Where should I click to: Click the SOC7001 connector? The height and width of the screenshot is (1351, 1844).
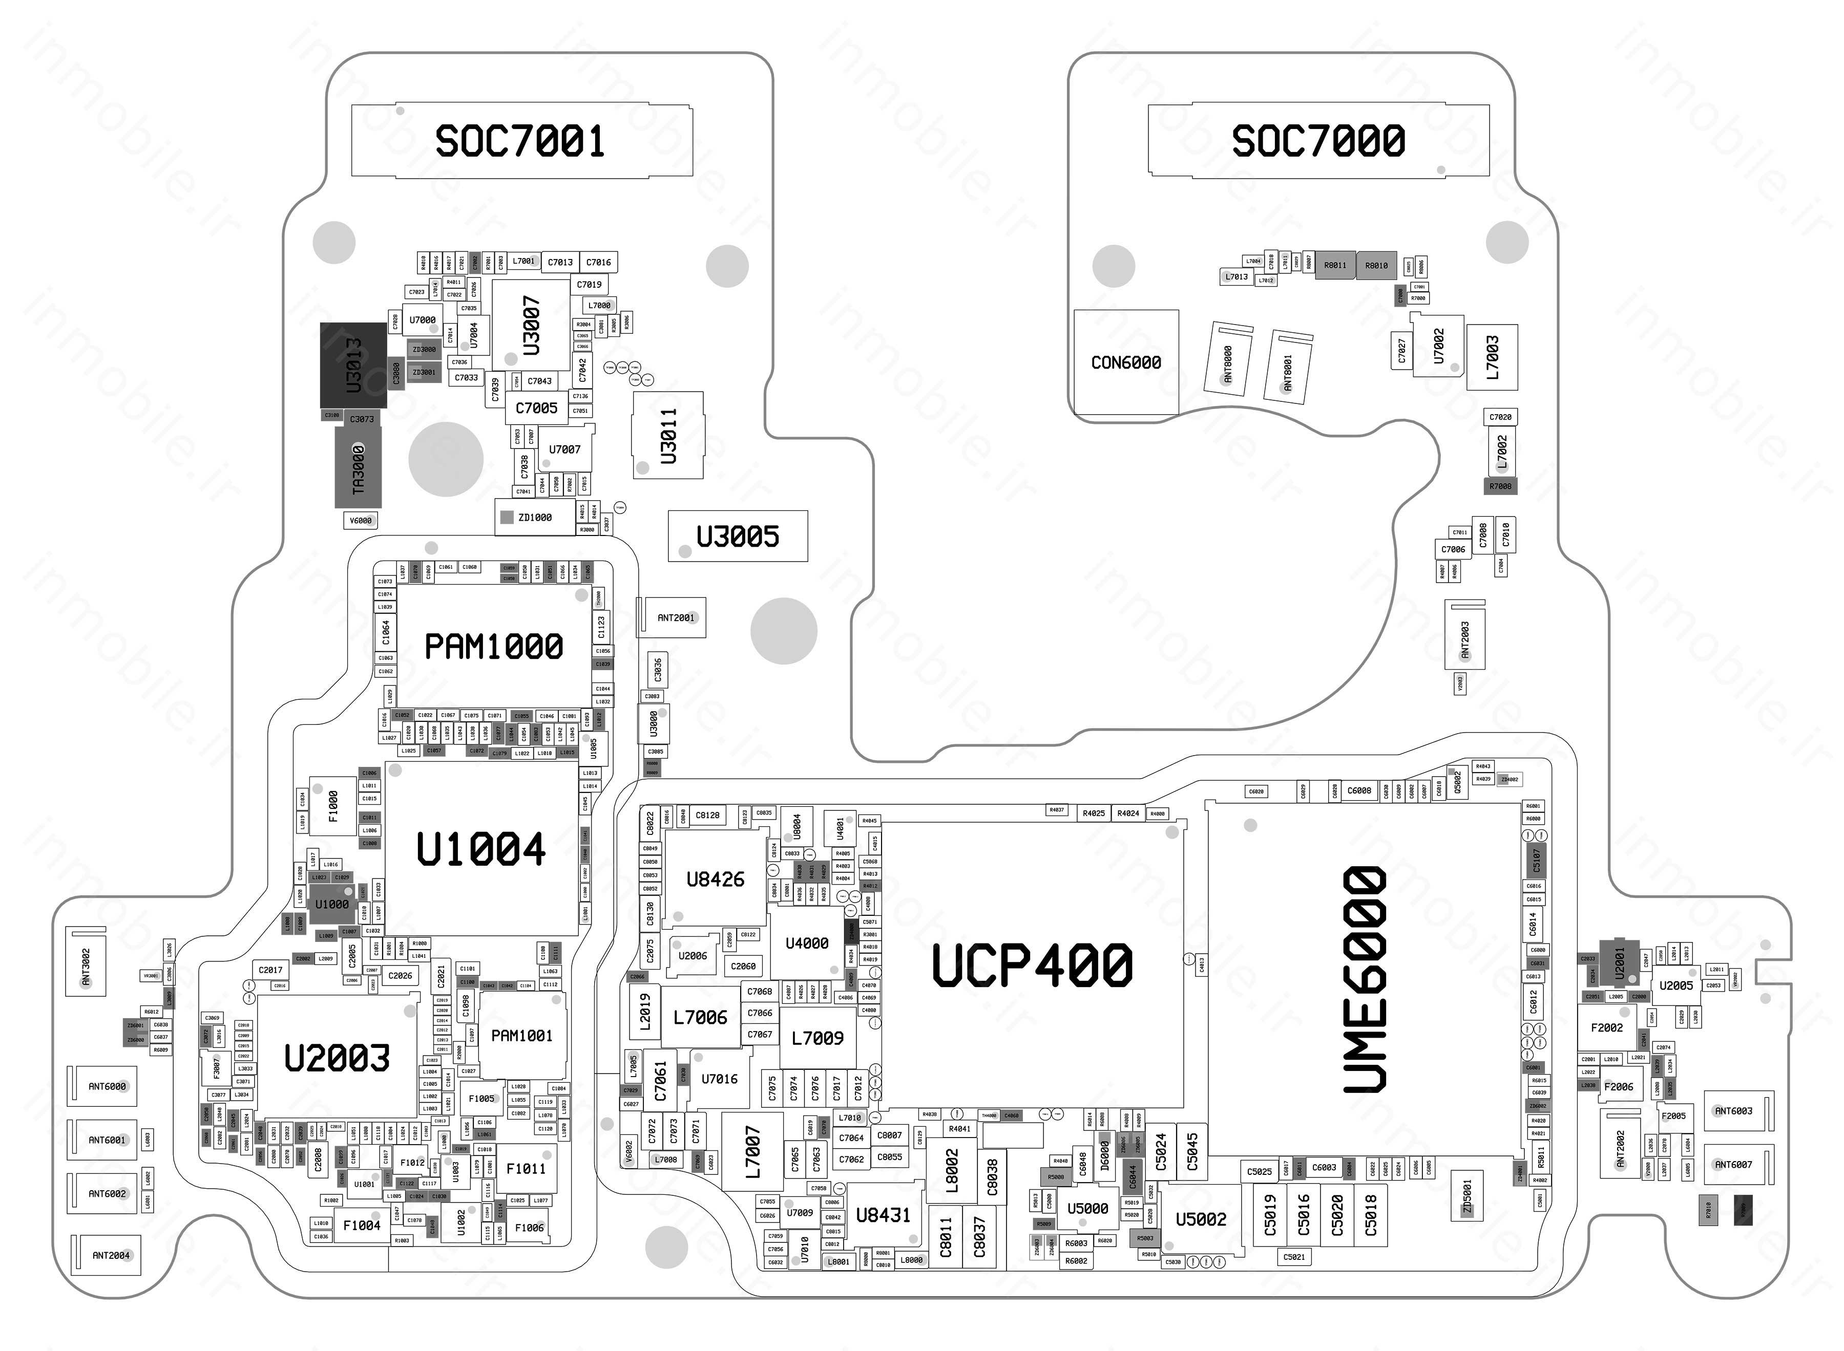(521, 141)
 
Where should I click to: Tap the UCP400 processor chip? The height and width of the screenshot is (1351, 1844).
(1033, 965)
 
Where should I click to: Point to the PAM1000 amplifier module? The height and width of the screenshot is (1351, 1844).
(493, 646)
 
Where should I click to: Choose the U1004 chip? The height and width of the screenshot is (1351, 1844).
(481, 849)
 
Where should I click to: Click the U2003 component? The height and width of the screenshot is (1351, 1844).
(337, 1058)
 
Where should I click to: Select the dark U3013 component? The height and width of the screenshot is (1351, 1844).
(353, 364)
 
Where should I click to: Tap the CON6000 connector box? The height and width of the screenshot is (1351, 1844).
(1126, 362)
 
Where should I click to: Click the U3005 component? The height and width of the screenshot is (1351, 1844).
(737, 537)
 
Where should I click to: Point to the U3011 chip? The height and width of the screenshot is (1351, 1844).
(667, 435)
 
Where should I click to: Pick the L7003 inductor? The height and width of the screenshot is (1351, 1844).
(1492, 357)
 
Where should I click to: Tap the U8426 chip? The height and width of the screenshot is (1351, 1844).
(715, 879)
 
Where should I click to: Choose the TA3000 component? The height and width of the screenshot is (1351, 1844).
(359, 468)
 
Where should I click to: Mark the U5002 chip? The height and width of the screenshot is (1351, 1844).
(1200, 1219)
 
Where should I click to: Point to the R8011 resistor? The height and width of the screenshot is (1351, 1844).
(1335, 265)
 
